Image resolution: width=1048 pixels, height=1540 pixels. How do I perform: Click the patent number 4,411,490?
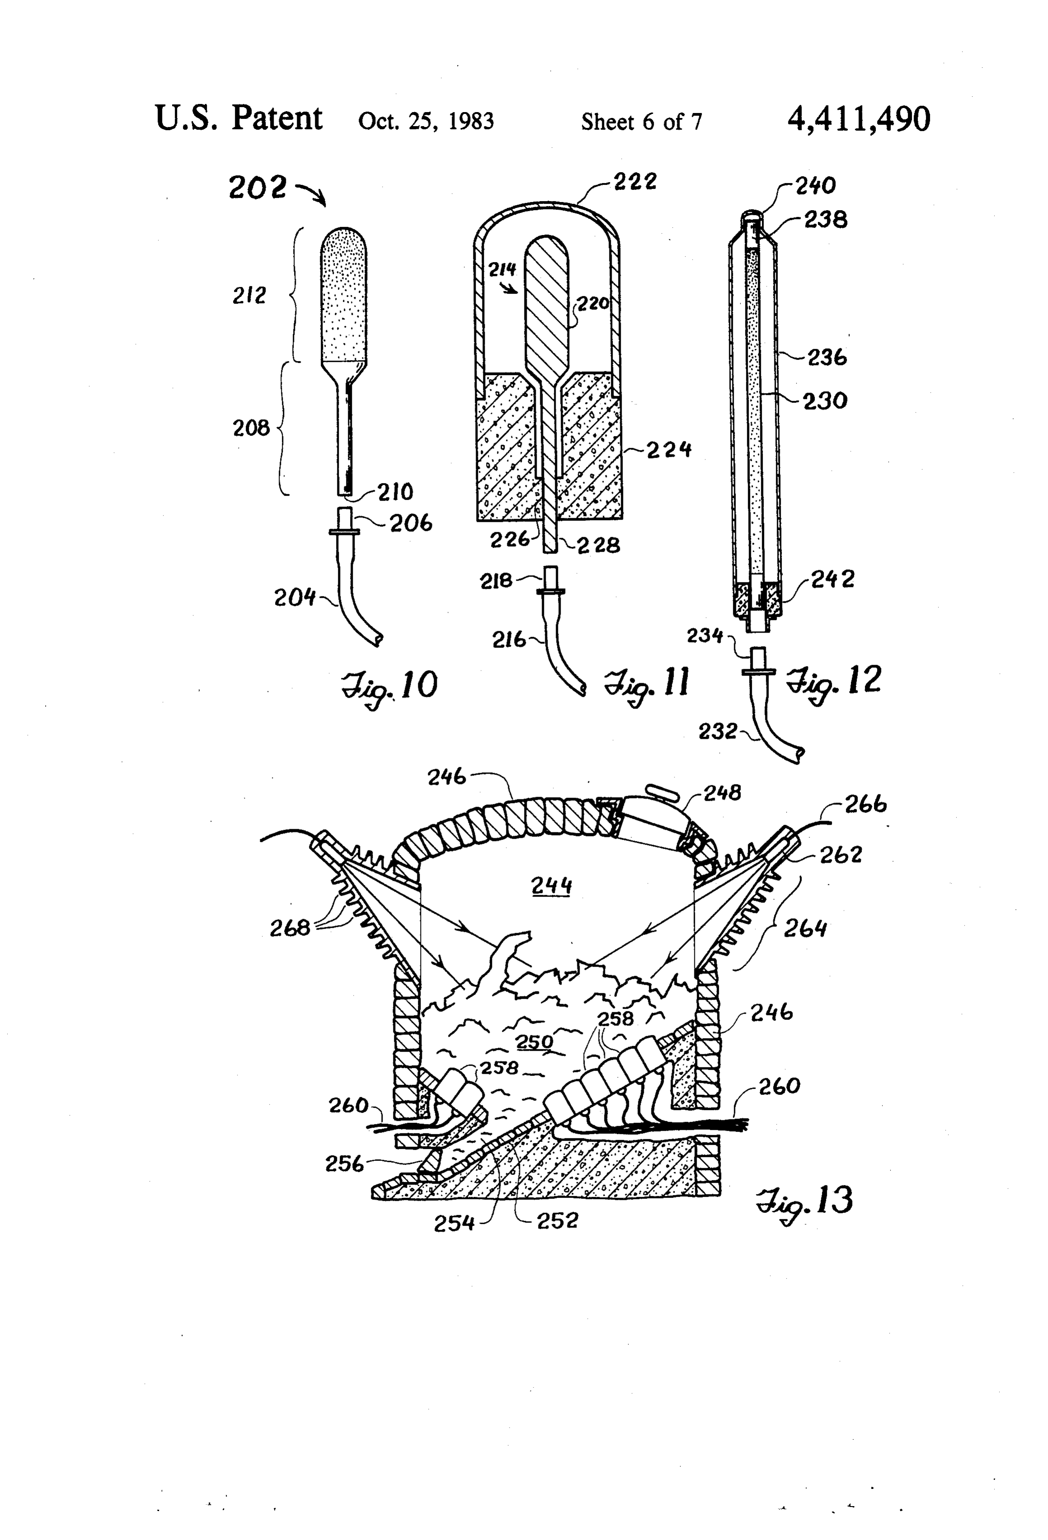tap(859, 120)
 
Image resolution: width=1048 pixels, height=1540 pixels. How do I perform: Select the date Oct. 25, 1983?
tap(426, 122)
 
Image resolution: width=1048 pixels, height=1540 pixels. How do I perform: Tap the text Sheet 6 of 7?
tap(641, 122)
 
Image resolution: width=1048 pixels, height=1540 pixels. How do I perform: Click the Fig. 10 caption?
tap(389, 687)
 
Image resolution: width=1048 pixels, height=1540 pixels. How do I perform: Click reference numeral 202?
tap(257, 188)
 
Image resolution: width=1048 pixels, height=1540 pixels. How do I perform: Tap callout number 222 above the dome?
tap(635, 182)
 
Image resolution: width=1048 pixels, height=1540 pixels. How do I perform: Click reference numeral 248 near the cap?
tap(722, 793)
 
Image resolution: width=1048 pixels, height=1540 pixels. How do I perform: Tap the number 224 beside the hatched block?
tap(669, 450)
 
